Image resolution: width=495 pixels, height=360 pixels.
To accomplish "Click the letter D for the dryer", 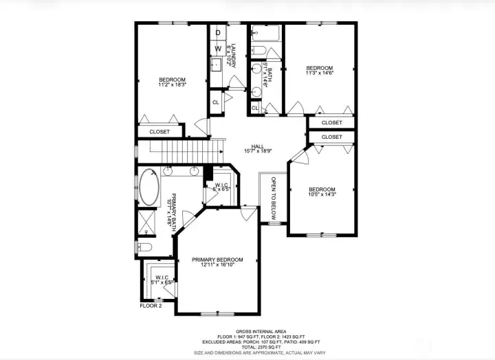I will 217,32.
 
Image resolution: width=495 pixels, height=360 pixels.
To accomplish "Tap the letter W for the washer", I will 217,49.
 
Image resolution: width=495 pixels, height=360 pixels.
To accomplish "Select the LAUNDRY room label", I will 233,56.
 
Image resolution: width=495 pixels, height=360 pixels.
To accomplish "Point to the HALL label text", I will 258,146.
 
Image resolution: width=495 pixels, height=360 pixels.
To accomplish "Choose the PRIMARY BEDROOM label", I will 217,260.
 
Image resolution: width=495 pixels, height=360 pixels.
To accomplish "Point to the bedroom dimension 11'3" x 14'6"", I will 320,74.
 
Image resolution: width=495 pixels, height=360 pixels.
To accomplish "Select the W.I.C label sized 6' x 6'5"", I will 221,189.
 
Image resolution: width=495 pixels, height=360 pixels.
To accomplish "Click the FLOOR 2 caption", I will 151,306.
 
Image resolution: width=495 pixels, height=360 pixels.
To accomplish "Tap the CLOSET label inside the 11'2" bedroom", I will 159,131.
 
